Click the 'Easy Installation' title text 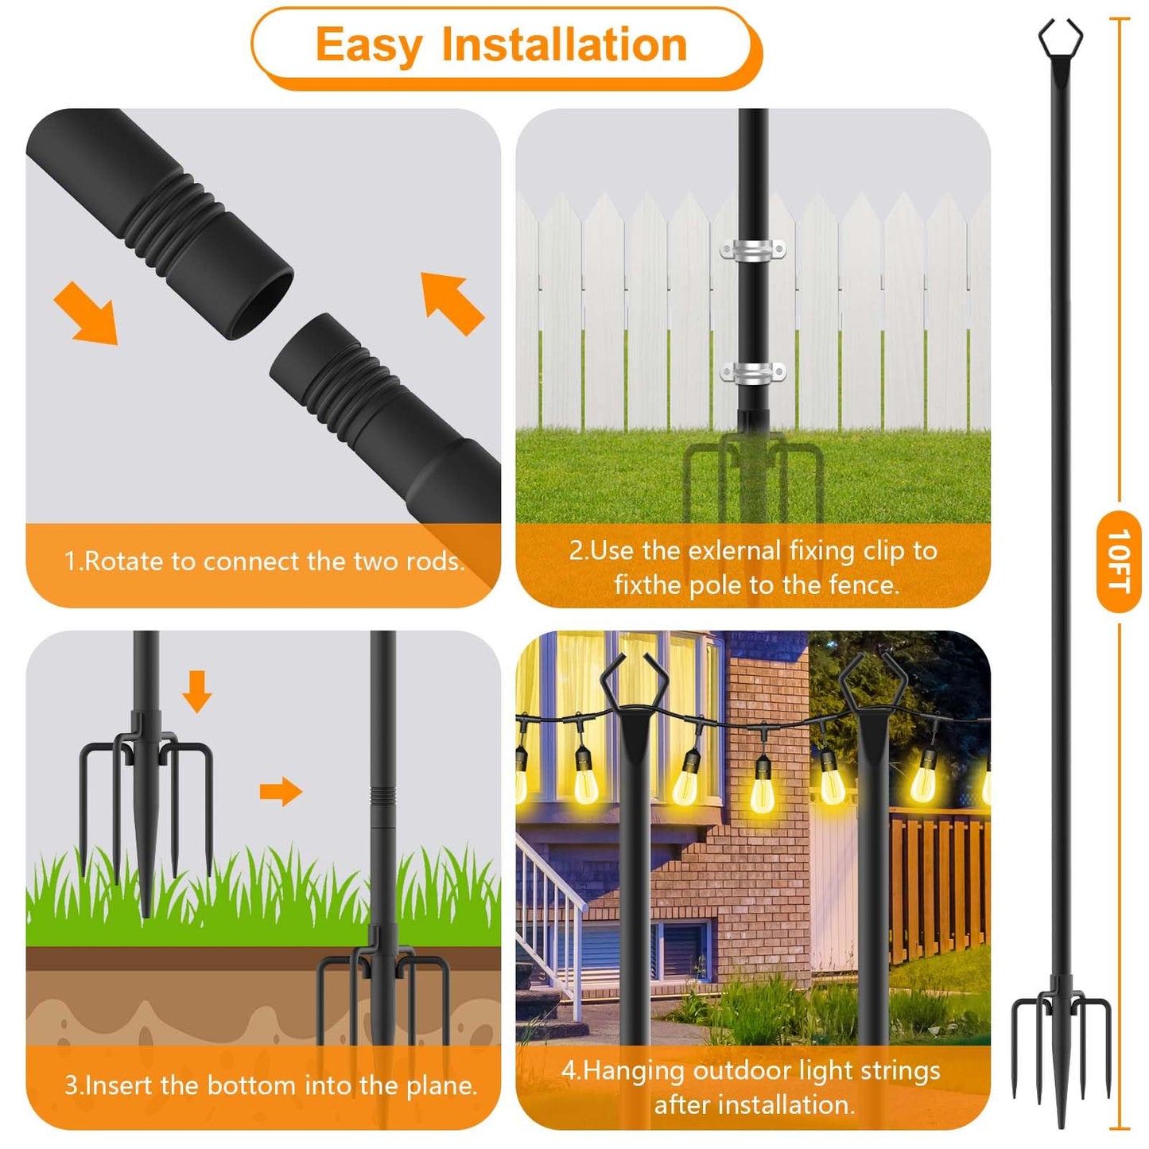501,45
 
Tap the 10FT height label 1119,561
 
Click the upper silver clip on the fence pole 752,250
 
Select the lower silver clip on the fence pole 752,371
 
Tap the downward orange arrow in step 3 196,690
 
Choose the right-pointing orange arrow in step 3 281,791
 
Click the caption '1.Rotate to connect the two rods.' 264,561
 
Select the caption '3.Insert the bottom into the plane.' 270,1085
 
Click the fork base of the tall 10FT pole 1061,1034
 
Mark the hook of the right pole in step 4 873,680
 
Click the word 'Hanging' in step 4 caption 633,1071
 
